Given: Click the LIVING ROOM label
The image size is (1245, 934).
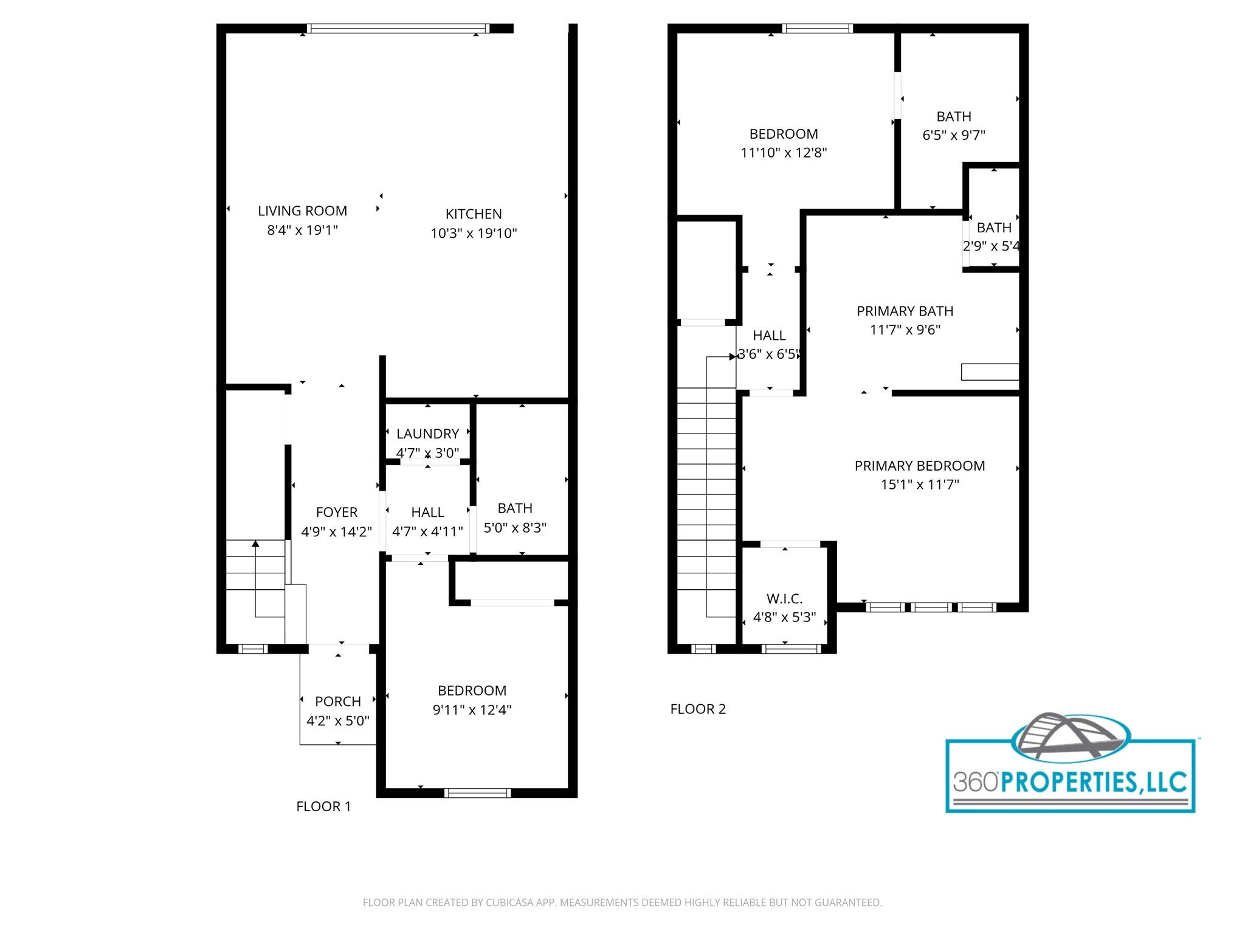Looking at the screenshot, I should (x=302, y=211).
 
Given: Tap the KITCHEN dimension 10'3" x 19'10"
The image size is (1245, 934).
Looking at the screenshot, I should (x=474, y=233).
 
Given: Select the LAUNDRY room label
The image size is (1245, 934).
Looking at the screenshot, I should (x=427, y=434).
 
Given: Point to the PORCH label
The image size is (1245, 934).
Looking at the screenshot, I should (x=338, y=701).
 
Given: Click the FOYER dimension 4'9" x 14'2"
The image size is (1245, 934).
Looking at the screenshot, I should (x=336, y=531).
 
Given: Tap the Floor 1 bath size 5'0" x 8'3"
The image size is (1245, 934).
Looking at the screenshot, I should (x=515, y=527).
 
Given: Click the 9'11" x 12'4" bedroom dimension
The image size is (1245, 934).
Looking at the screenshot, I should (x=472, y=710).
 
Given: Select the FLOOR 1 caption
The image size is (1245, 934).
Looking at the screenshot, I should (x=323, y=806).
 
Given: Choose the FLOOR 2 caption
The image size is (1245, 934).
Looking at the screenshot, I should (x=698, y=709).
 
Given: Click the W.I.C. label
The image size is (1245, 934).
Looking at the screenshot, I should (x=784, y=598).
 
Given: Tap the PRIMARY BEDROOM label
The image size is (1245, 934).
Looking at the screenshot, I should (x=919, y=466).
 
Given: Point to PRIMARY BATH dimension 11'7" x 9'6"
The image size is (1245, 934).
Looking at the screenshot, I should (x=905, y=330).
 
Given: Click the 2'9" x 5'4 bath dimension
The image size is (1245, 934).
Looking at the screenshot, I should (x=991, y=246).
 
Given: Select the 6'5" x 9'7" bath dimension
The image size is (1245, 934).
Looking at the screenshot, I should (x=953, y=135).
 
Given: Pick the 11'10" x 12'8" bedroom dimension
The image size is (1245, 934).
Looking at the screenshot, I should (x=784, y=153).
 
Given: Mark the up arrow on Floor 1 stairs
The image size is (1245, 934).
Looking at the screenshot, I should (x=256, y=543).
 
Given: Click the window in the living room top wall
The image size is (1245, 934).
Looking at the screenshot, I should (x=398, y=28).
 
